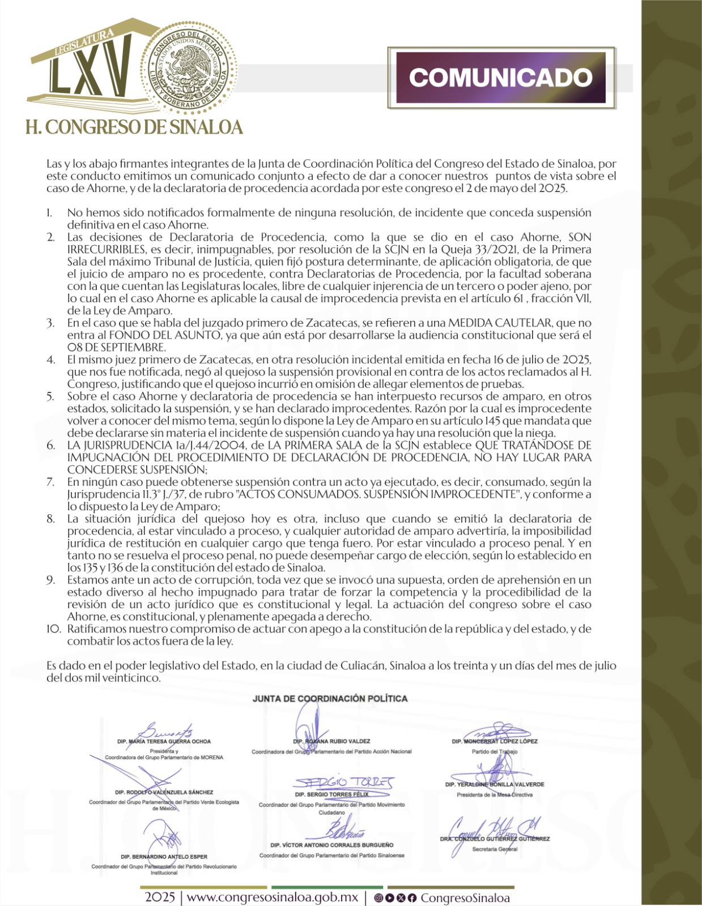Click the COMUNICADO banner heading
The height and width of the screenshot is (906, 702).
coord(501,78)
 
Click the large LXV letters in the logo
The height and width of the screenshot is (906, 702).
coord(91,74)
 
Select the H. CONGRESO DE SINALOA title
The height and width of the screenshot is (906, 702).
coord(134,127)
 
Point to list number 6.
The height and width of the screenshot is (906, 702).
coord(51,445)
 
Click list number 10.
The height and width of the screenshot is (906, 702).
coord(53,629)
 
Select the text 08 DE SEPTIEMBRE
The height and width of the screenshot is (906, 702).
coord(116,347)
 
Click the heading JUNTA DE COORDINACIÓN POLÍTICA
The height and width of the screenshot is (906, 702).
coord(330,699)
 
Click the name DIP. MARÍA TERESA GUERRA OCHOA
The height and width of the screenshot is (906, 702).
coord(164,741)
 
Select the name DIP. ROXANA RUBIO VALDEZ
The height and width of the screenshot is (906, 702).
coord(332,741)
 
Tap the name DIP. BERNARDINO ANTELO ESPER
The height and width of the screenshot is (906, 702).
coord(164,857)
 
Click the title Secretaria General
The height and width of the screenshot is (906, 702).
coord(495,849)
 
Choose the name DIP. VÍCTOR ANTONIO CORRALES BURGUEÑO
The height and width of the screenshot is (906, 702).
coord(332,845)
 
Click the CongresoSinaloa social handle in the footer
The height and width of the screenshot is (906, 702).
coord(465,898)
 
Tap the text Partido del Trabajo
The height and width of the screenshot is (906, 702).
coord(495,751)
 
